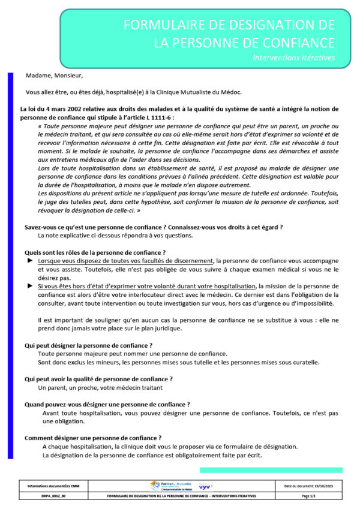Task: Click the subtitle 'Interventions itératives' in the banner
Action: [293, 58]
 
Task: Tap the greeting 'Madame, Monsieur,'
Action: [55, 76]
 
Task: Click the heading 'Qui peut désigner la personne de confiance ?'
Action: [88, 345]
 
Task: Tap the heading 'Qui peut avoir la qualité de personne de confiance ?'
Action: [98, 379]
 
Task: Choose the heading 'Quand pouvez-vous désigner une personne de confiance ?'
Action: [107, 404]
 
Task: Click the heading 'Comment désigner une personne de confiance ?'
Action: [93, 438]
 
